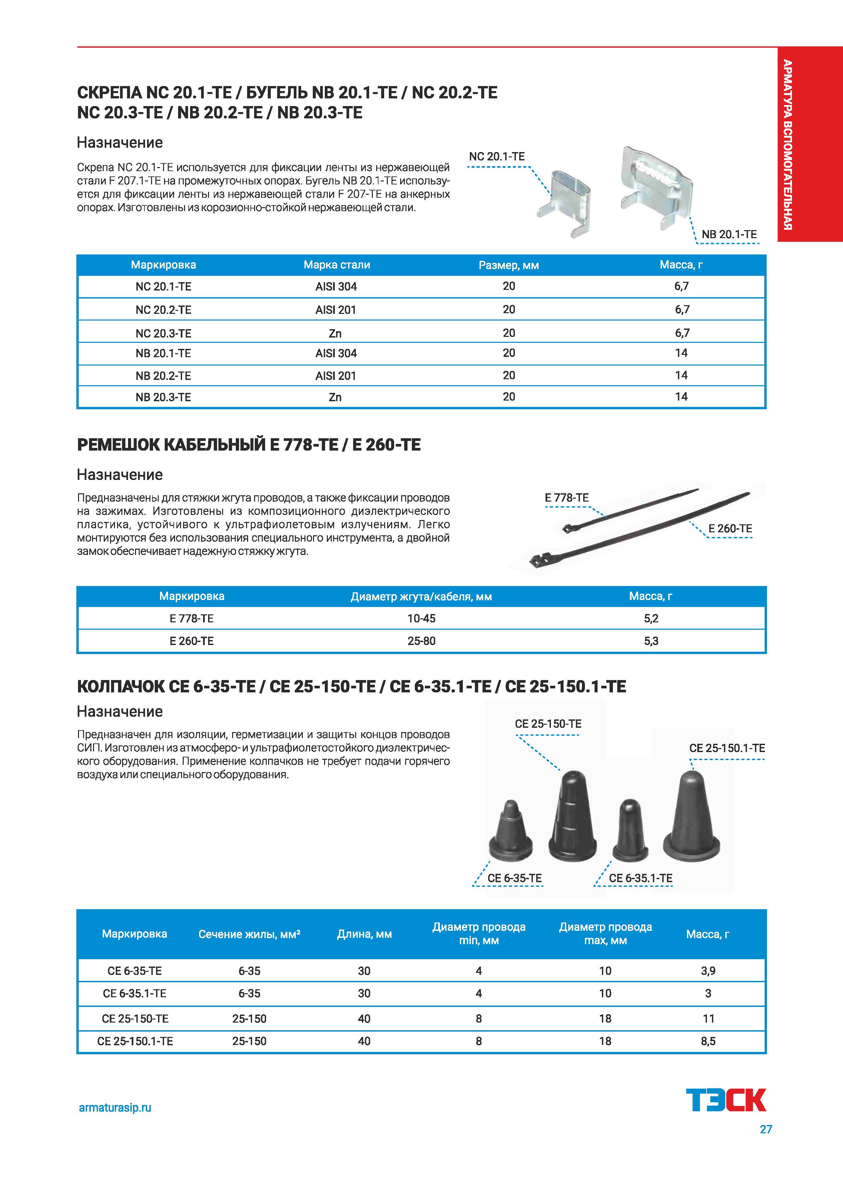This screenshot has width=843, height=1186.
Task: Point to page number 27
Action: [766, 1129]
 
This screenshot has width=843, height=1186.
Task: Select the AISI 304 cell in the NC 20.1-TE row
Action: [336, 286]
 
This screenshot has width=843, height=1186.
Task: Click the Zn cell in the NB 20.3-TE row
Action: [335, 397]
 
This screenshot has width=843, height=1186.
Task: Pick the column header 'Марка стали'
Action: [337, 265]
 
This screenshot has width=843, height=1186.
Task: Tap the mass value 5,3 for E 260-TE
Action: [651, 641]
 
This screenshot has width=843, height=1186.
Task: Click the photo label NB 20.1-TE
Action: [729, 234]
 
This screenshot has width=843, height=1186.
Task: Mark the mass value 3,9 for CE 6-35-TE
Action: [708, 971]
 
